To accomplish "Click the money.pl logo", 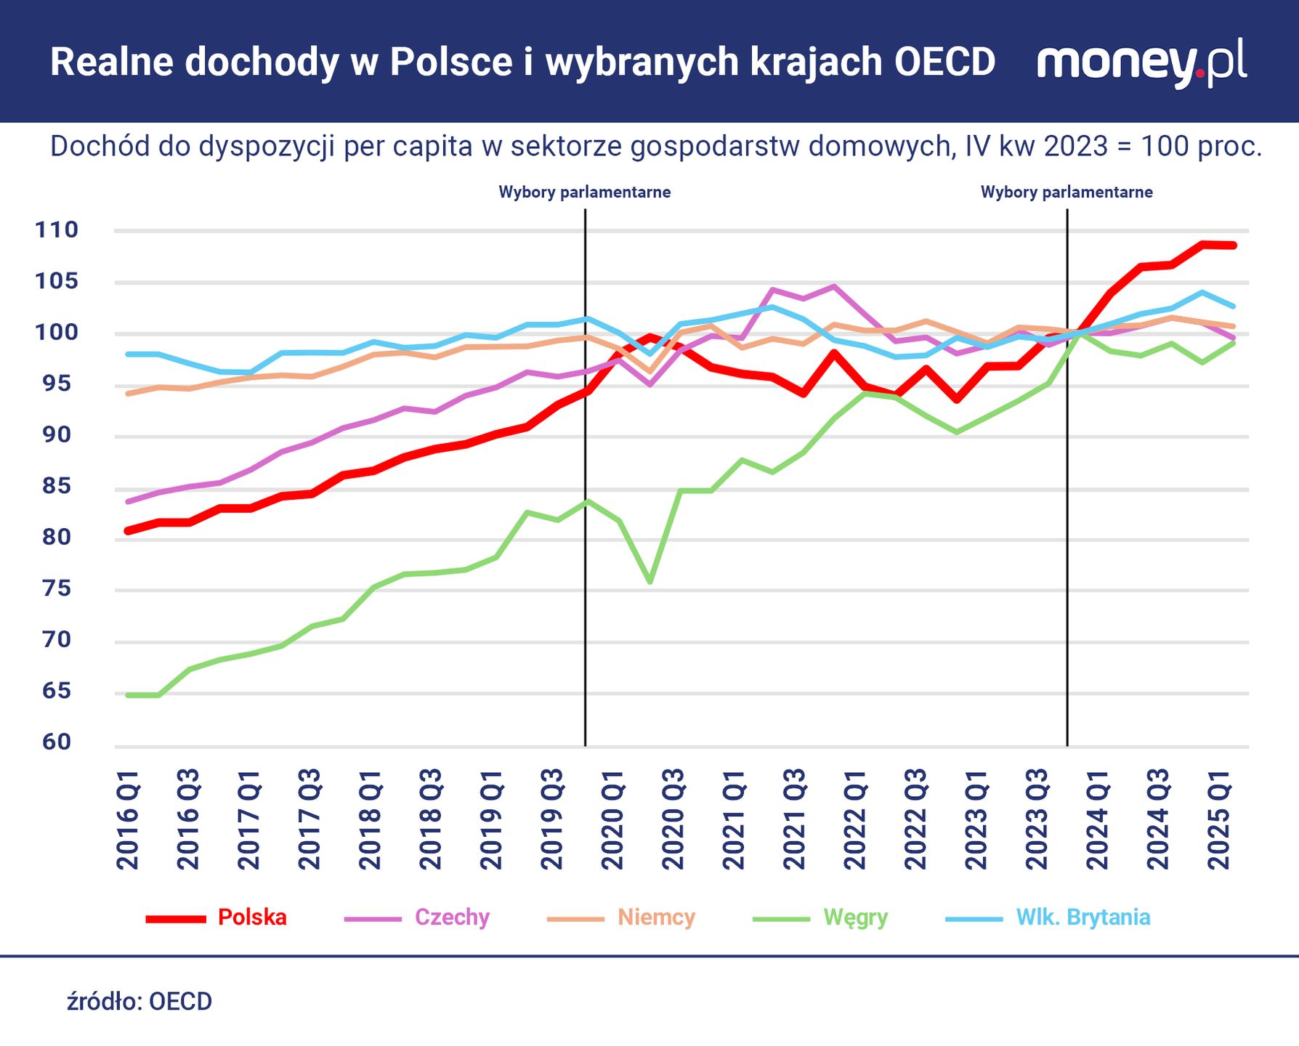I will point(1141,63).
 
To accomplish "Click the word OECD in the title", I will point(944,62).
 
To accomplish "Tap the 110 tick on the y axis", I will point(57,230).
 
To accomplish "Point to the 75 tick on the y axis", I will point(57,588).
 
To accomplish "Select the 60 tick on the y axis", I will point(57,742).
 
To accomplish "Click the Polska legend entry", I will point(252,917).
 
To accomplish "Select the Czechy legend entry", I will point(452,917).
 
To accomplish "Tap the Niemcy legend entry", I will point(656,917).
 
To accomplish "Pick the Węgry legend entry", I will point(855,917).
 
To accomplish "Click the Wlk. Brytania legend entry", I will point(1082,917).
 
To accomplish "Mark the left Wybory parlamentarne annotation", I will point(584,192).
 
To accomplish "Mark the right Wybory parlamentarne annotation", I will point(1067,192).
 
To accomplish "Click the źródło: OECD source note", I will point(139,1002).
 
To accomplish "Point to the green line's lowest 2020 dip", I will point(649,582).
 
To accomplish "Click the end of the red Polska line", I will point(1233,246).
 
